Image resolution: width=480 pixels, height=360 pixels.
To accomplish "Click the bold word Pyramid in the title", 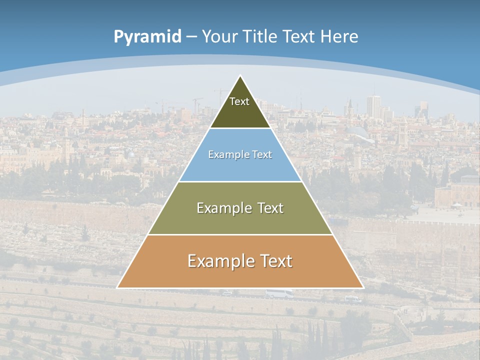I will point(147,36).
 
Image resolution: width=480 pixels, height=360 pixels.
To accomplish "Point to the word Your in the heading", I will point(220,36).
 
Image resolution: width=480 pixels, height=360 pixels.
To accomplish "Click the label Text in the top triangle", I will point(239,101).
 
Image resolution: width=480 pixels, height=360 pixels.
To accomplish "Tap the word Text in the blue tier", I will point(261,155).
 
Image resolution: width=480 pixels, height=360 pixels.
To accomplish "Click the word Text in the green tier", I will point(270,208).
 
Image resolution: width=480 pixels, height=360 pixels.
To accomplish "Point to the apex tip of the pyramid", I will point(240,76).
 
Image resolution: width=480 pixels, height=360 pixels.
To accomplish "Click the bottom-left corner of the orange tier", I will point(118,287).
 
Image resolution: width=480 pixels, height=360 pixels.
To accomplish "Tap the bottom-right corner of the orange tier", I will point(362,287).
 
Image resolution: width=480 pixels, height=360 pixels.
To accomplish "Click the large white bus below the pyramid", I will point(279,293).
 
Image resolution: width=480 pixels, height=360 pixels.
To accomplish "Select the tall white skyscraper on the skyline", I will point(373,106).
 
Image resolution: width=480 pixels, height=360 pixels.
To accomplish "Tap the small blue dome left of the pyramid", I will point(131,154).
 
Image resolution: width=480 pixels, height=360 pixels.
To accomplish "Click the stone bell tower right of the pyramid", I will point(403,131).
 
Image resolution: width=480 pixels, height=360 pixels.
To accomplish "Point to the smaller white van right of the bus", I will point(353,299).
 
